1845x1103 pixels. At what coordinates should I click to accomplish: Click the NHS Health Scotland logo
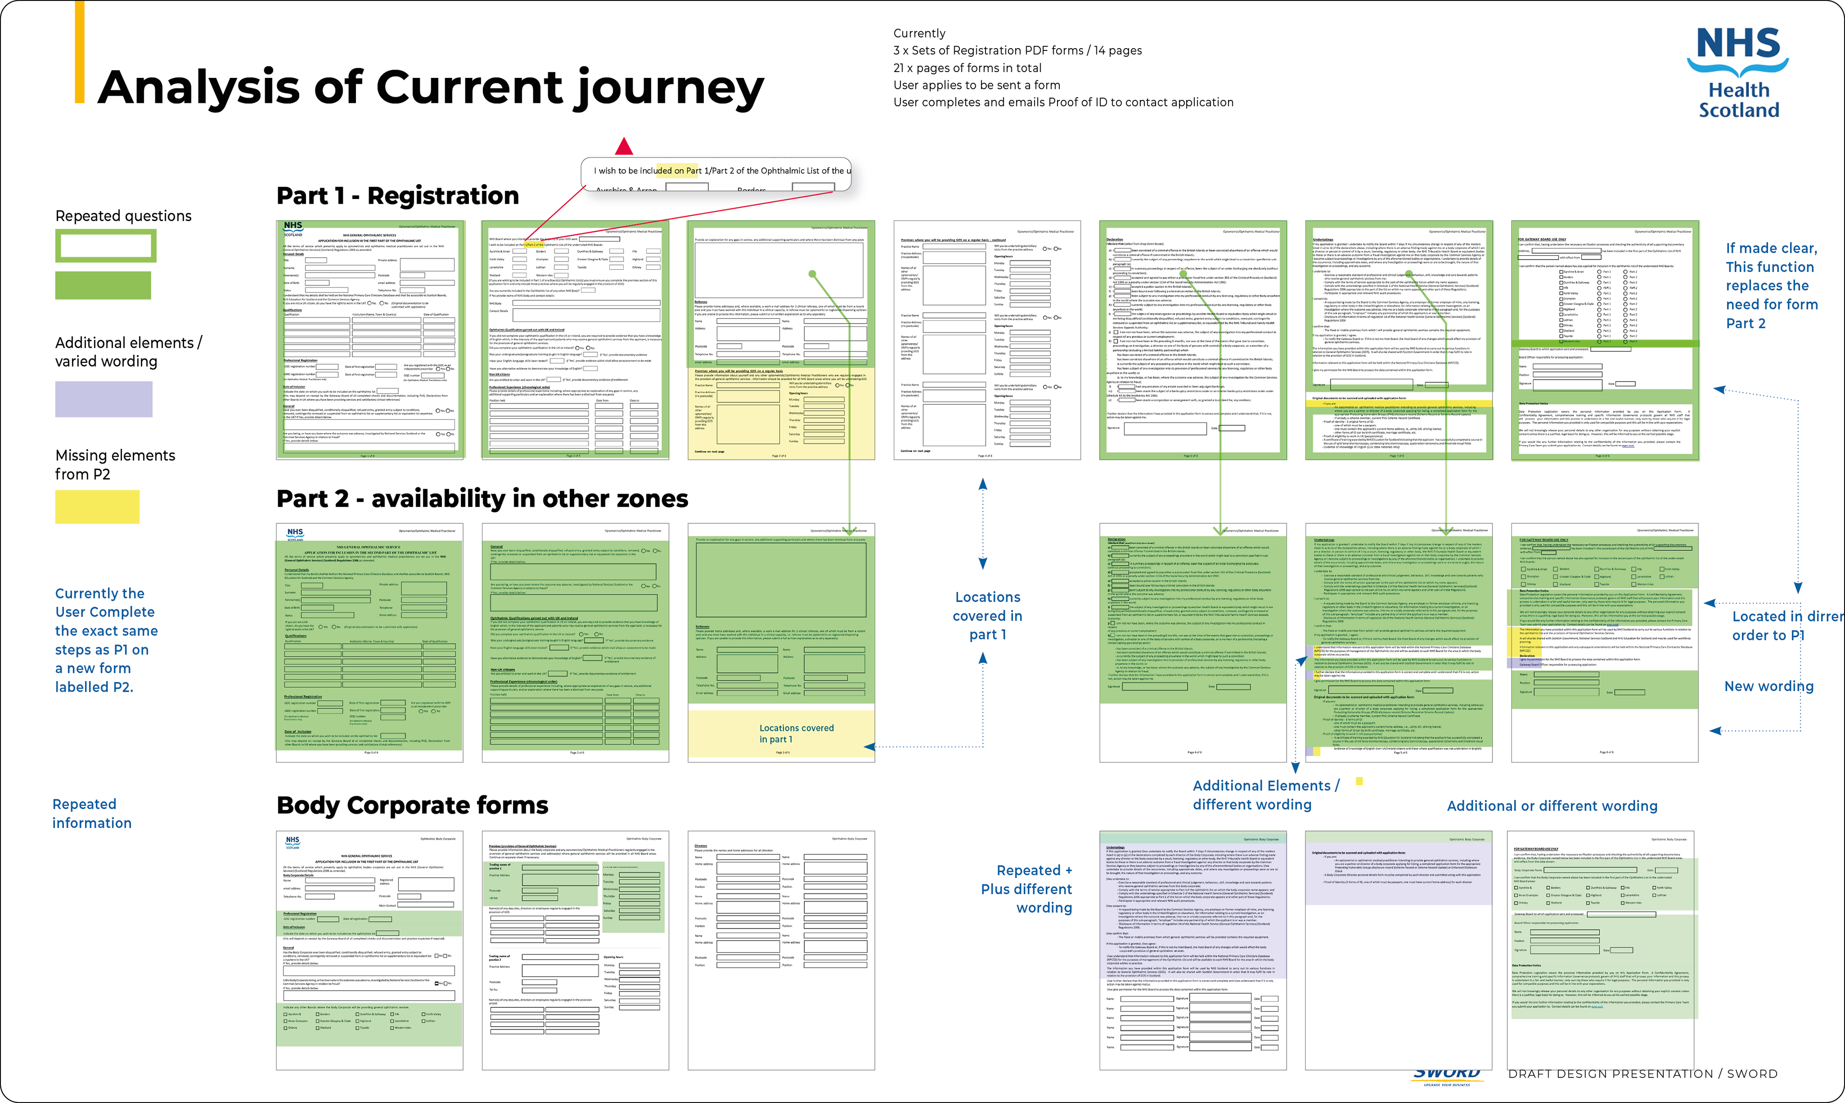(x=1738, y=73)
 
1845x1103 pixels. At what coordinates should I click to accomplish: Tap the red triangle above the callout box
(x=624, y=147)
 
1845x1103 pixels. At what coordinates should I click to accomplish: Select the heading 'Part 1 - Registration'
(x=397, y=196)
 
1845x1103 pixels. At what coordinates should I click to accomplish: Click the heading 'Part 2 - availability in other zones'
(x=481, y=498)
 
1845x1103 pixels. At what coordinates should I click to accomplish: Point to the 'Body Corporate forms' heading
(x=412, y=805)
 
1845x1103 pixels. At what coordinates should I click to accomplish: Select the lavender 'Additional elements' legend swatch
(x=103, y=399)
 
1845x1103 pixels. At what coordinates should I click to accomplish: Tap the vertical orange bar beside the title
(x=79, y=52)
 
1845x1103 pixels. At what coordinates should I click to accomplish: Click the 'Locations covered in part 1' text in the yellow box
(x=796, y=733)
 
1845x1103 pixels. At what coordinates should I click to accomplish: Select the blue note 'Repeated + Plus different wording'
(x=1026, y=889)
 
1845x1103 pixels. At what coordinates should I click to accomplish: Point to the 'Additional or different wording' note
(x=1551, y=806)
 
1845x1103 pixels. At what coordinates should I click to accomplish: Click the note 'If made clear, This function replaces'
(x=1771, y=285)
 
